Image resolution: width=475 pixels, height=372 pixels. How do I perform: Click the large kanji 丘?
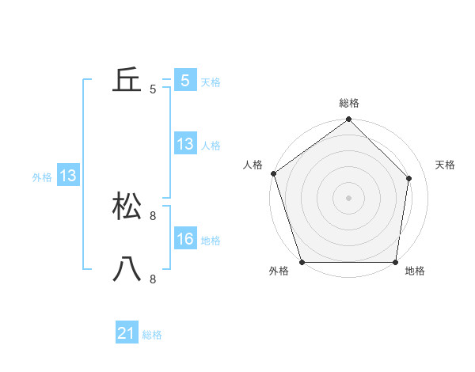pyautogui.click(x=127, y=81)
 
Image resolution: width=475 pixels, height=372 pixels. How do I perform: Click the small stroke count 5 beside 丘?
pyautogui.click(x=153, y=89)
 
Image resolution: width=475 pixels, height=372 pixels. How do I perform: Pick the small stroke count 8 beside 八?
pyautogui.click(x=153, y=279)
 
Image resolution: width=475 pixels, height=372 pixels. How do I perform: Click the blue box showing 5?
pyautogui.click(x=185, y=81)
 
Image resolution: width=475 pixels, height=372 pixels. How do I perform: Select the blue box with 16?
pyautogui.click(x=185, y=239)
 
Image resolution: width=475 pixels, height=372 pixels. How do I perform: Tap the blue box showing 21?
pyautogui.click(x=127, y=334)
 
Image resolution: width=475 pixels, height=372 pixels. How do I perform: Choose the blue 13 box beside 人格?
pyautogui.click(x=185, y=144)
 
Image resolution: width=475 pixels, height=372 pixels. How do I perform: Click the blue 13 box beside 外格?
pyautogui.click(x=68, y=177)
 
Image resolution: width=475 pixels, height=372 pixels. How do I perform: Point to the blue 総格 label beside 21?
pyautogui.click(x=152, y=335)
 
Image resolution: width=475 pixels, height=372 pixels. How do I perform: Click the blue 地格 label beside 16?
pyautogui.click(x=211, y=240)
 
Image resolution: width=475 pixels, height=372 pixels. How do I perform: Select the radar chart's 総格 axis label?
pyautogui.click(x=349, y=103)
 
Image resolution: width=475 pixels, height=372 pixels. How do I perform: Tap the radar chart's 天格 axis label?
pyautogui.click(x=446, y=165)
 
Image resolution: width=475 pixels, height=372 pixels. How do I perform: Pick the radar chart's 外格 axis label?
pyautogui.click(x=279, y=271)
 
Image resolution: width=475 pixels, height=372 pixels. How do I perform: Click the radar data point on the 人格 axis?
pyautogui.click(x=273, y=173)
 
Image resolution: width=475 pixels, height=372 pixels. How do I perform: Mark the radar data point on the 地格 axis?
pyautogui.click(x=395, y=261)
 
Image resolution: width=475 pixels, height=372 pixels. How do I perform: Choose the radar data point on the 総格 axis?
pyautogui.click(x=348, y=120)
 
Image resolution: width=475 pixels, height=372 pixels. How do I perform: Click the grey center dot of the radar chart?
pyautogui.click(x=348, y=197)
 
